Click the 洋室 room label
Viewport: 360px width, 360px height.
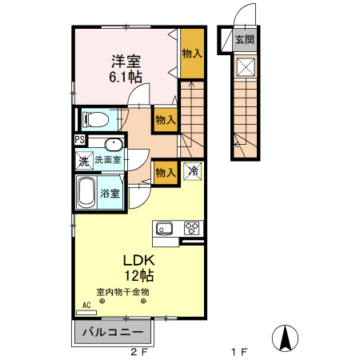coord(126,62)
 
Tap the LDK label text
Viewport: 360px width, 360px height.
coord(139,260)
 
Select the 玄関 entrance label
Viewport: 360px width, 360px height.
coord(245,40)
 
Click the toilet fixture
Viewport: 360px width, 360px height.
coord(95,119)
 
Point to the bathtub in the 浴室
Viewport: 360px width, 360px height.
coord(86,193)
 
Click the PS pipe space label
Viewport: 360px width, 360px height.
coord(80,139)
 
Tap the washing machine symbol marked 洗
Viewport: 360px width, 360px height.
coord(84,160)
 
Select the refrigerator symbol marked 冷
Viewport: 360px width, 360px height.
coord(193,171)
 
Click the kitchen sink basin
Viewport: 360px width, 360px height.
coord(164,229)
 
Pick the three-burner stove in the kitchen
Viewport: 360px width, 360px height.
coord(191,229)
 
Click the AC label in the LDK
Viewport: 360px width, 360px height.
coord(86,305)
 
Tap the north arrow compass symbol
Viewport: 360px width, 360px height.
coord(285,338)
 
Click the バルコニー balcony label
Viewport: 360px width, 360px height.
coord(113,332)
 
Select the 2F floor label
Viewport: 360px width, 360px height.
coord(139,352)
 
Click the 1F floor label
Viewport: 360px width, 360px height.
coord(239,352)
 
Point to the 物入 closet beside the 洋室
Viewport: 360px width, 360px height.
coord(192,54)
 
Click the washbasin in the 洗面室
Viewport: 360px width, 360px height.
coord(114,144)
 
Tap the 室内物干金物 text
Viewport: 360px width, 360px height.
coord(122,292)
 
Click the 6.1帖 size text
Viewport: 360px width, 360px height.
coord(126,77)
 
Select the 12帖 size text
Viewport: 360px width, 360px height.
coord(139,275)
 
